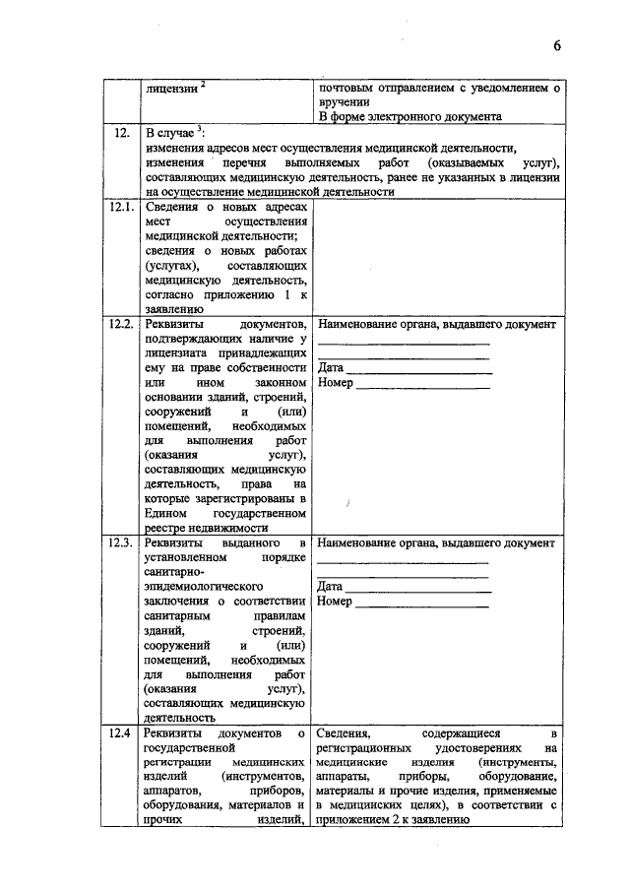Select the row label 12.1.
[121, 209]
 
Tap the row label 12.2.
[121, 325]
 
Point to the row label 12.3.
[121, 543]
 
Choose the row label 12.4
[120, 733]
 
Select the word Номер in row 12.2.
[335, 383]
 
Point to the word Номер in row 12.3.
[335, 602]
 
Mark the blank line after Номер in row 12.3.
[422, 605]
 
